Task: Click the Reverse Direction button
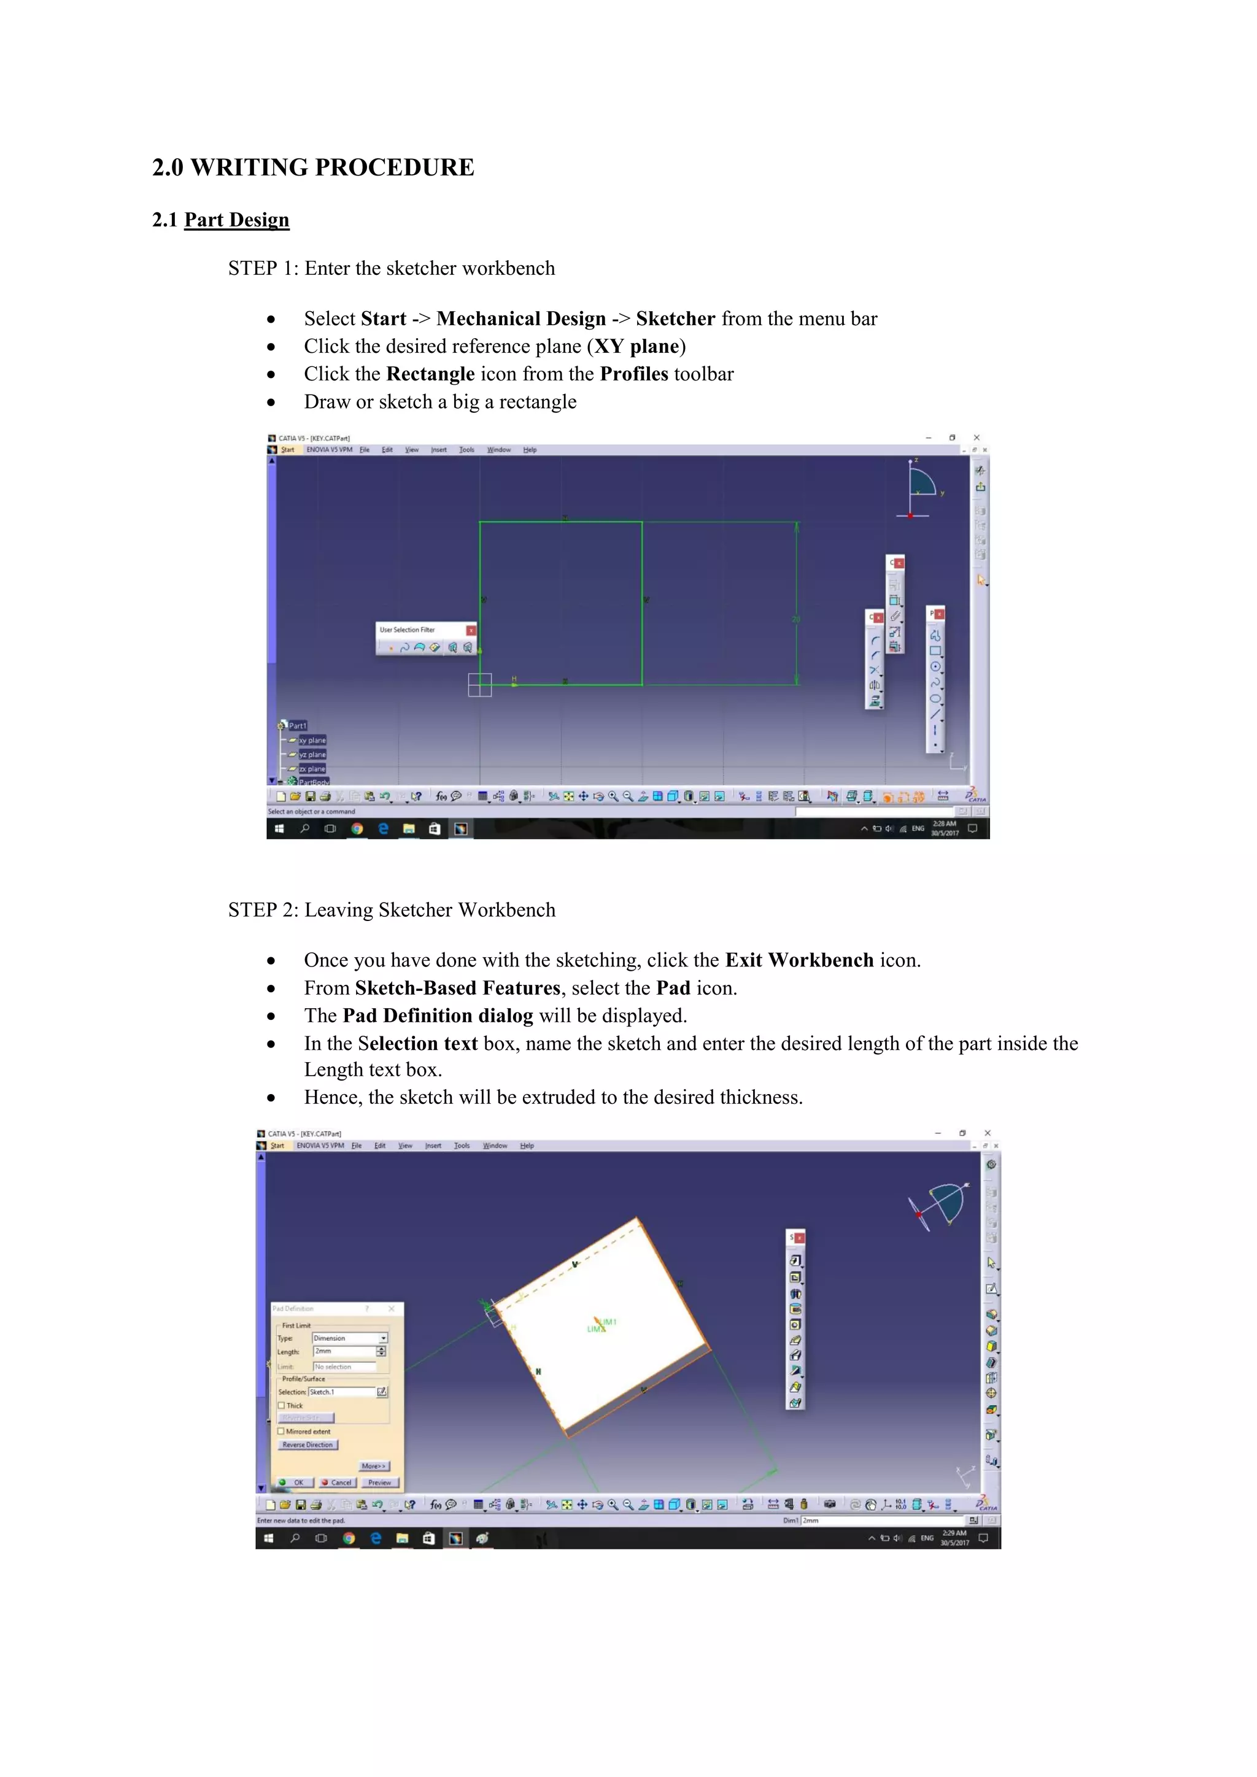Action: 307,1445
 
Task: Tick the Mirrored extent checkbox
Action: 282,1432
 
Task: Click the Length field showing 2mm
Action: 344,1351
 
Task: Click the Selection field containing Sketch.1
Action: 341,1392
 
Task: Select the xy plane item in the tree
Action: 312,741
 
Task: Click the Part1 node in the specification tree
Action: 297,726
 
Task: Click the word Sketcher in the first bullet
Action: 675,319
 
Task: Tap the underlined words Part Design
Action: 236,220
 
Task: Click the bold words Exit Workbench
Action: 799,960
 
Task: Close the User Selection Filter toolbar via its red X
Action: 471,630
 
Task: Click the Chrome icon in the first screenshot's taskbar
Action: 357,829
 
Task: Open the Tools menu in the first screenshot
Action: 466,450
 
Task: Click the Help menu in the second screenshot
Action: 527,1146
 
